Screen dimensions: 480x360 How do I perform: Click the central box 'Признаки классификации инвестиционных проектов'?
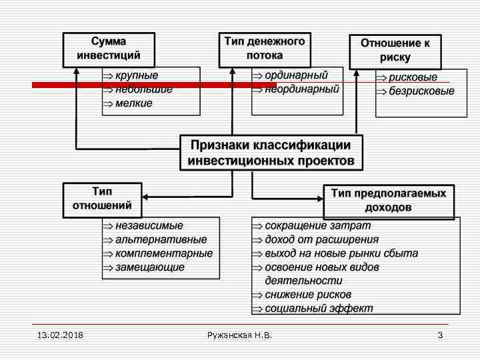pyautogui.click(x=271, y=153)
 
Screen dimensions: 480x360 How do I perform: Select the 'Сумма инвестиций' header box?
pyautogui.click(x=109, y=49)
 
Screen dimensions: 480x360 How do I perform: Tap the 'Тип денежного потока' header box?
pyautogui.click(x=265, y=49)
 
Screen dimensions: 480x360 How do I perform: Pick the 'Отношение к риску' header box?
pyautogui.click(x=395, y=51)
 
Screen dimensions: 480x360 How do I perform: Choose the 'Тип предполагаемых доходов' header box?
pyautogui.click(x=389, y=201)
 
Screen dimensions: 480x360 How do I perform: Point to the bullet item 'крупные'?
pyautogui.click(x=137, y=75)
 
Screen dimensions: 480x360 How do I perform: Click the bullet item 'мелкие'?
pyautogui.click(x=133, y=103)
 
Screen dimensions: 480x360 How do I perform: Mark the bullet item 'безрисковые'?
pyautogui.click(x=421, y=91)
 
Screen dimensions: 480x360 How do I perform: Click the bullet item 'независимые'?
pyautogui.click(x=149, y=226)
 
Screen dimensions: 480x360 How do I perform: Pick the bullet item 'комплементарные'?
pyautogui.click(x=164, y=253)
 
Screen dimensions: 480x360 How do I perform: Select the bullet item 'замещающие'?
pyautogui.click(x=149, y=267)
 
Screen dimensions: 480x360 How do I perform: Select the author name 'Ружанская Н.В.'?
pyautogui.click(x=239, y=335)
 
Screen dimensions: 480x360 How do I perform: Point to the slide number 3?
pyautogui.click(x=440, y=335)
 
